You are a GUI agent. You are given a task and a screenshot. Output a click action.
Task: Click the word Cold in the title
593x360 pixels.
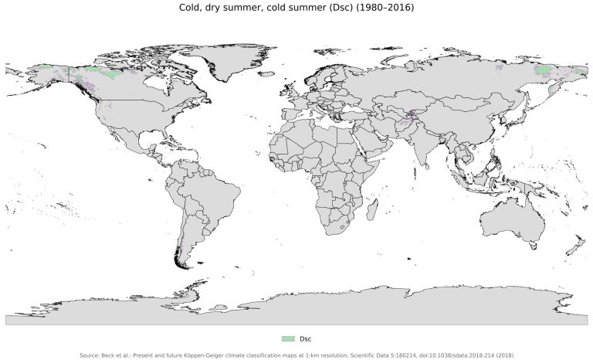coord(191,8)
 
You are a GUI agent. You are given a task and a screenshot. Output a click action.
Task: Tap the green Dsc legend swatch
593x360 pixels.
coord(288,338)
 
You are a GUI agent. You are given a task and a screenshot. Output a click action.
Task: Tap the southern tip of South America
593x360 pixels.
coord(182,265)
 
